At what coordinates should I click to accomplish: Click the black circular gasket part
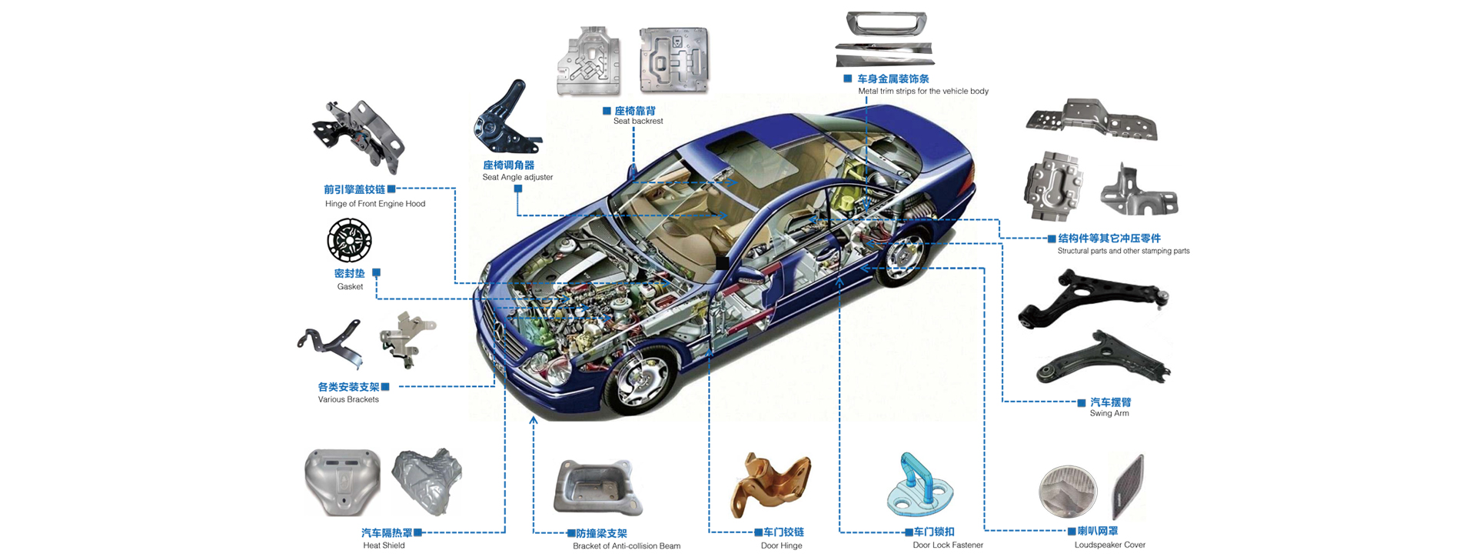tap(349, 240)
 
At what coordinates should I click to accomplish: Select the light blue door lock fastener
tap(919, 485)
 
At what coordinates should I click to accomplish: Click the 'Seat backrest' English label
tap(638, 121)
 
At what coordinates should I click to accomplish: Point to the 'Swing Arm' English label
tap(1109, 413)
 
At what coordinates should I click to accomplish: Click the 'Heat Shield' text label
tap(384, 545)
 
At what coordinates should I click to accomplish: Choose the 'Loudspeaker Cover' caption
tap(1110, 545)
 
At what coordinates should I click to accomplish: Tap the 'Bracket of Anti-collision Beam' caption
tap(627, 546)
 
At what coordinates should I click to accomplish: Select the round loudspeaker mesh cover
tap(1068, 491)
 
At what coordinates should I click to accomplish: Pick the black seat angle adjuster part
tap(505, 118)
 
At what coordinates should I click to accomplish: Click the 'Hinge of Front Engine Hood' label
tap(375, 204)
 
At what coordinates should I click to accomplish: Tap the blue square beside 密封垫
tap(376, 272)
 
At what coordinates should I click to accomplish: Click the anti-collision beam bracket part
tap(597, 488)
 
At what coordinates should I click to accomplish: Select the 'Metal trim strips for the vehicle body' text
tap(923, 91)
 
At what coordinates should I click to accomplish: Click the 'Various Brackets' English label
tap(348, 399)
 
